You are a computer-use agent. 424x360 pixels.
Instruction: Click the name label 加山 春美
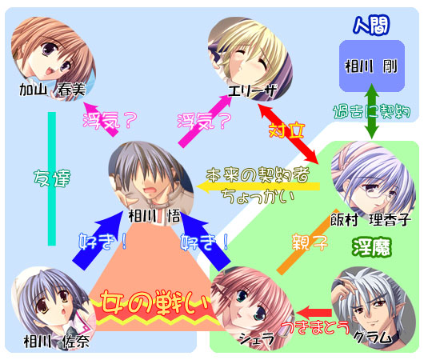point(53,90)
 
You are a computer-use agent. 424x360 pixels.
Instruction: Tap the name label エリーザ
point(252,90)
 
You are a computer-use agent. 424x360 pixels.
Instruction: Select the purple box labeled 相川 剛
point(372,66)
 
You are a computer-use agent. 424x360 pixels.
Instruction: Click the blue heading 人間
point(371,25)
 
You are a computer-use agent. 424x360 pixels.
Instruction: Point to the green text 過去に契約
point(372,111)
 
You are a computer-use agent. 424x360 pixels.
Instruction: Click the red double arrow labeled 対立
point(288,134)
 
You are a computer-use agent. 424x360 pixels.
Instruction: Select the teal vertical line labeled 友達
point(52,178)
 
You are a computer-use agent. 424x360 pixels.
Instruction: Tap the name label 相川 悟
point(154,216)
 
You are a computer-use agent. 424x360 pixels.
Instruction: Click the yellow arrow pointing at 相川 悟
point(258,186)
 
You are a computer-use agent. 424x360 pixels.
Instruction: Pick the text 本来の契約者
point(258,174)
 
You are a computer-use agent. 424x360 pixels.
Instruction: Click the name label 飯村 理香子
point(370,220)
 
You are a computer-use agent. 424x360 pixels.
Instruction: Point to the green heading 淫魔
point(372,247)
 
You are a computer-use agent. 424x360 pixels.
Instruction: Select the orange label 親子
point(310,242)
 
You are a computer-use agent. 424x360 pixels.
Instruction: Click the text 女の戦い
point(155,303)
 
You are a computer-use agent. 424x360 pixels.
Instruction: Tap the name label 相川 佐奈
point(56,342)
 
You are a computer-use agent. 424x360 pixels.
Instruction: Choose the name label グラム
point(373,337)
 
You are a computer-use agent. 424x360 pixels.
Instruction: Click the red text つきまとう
point(315,328)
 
